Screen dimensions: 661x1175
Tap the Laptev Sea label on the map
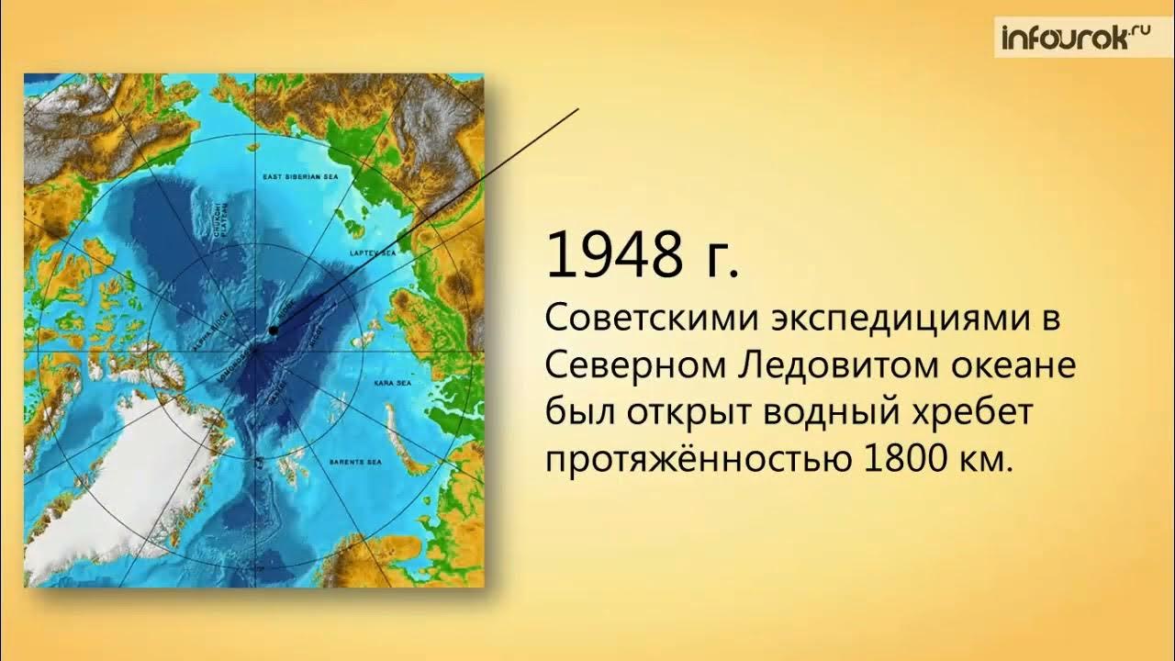[x=372, y=251]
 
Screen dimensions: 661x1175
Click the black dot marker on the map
[x=273, y=330]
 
